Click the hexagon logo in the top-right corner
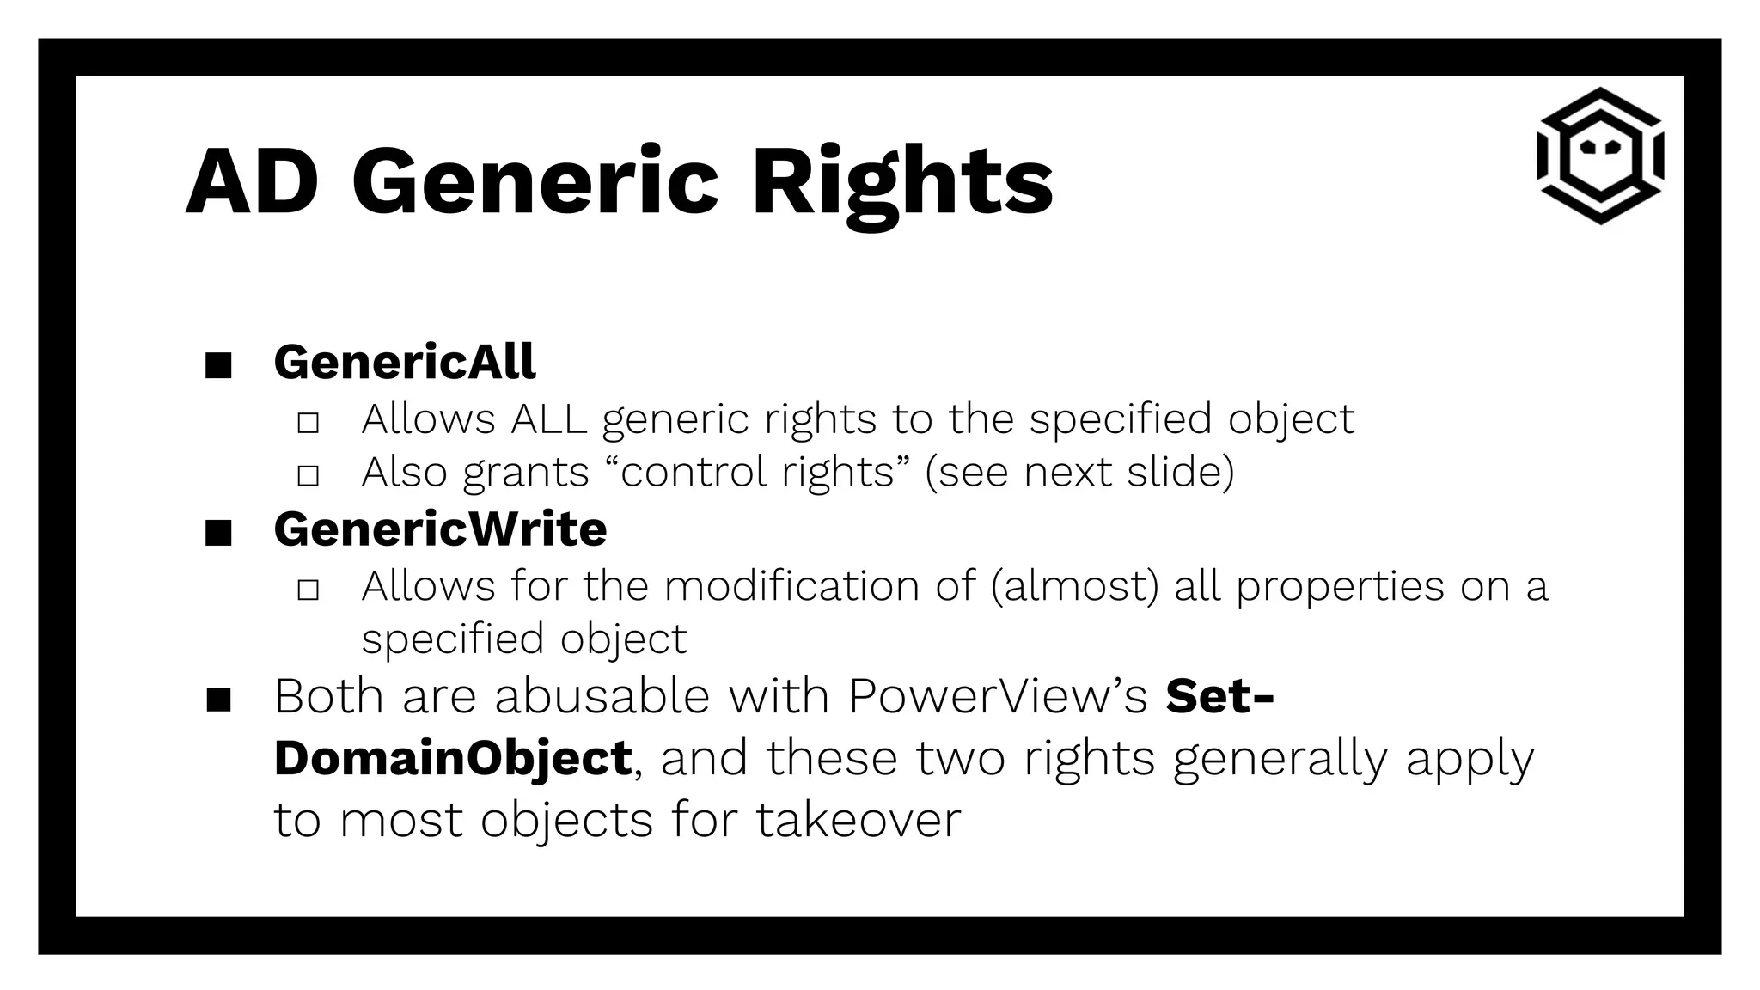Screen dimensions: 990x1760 (1599, 156)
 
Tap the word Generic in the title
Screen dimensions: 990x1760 (535, 182)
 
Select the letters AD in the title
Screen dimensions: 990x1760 (252, 182)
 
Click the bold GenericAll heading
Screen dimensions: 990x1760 (405, 362)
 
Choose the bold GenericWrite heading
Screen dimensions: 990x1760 (440, 529)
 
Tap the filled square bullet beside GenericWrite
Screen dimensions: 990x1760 (219, 534)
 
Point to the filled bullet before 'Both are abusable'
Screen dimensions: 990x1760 (219, 700)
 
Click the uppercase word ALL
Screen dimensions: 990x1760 (548, 419)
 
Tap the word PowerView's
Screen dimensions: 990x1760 (998, 696)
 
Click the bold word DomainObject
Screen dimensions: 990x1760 (453, 758)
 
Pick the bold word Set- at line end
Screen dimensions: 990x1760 (1219, 696)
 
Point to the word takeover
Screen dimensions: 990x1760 (859, 820)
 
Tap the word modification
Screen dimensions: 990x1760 (819, 586)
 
